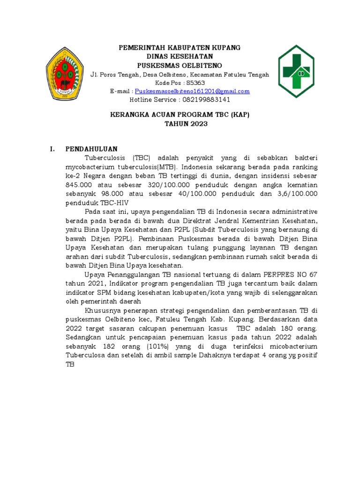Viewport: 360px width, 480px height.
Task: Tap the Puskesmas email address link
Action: click(192, 91)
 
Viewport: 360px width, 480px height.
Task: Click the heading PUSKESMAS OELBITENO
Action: click(180, 65)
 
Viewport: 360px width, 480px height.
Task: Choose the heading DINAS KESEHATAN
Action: click(180, 56)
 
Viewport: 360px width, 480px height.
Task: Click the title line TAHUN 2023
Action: click(180, 124)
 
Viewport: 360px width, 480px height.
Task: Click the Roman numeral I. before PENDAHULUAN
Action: click(53, 149)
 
